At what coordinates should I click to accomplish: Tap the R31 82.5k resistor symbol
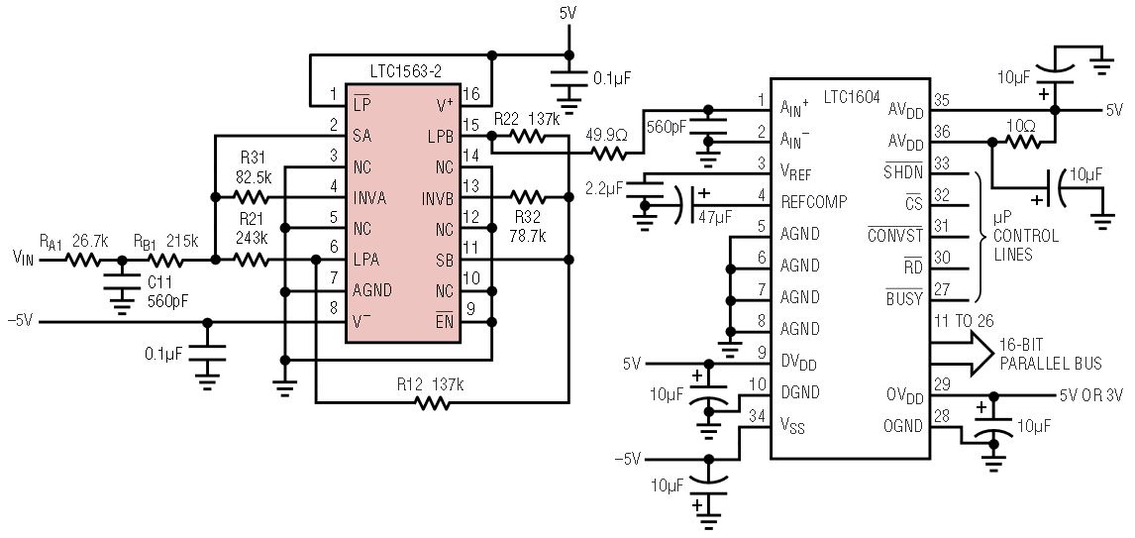click(x=255, y=197)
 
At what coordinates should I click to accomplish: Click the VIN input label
click(x=25, y=261)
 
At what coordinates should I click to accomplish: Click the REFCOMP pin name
click(x=814, y=201)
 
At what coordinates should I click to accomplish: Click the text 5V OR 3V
click(x=1091, y=394)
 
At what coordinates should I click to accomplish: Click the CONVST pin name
click(x=894, y=236)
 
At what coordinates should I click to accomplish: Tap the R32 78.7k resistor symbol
click(x=527, y=196)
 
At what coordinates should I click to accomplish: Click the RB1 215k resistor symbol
click(x=165, y=261)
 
